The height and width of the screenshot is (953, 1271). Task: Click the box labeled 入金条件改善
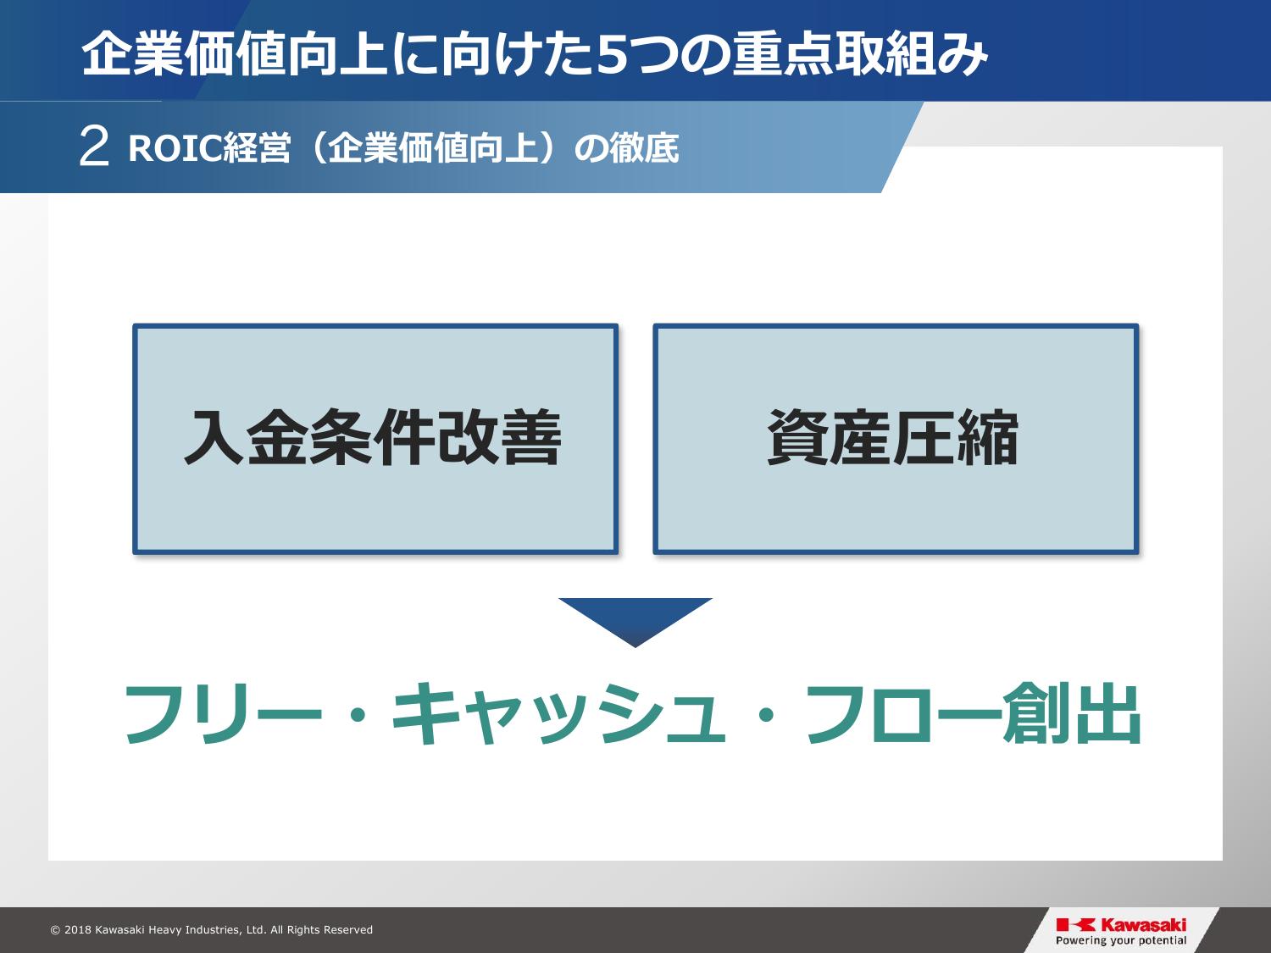375,439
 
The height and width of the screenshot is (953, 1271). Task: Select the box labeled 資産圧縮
896,439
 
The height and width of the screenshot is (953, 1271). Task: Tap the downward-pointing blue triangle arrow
635,622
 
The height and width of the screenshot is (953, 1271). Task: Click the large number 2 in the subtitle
94,147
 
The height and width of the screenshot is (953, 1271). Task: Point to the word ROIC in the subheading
175,149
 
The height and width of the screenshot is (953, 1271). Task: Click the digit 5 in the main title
616,56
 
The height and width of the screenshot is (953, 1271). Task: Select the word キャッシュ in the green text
558,713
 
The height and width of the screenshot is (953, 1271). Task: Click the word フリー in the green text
223,713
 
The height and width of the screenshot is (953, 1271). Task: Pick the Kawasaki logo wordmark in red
1143,925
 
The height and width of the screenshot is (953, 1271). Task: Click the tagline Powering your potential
1121,941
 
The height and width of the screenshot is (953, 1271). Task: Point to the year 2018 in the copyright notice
78,930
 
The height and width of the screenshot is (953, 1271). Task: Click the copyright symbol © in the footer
55,930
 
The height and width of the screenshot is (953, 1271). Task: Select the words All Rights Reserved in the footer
321,930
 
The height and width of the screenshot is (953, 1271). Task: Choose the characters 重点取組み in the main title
860,55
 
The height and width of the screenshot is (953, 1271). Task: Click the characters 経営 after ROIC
257,149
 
